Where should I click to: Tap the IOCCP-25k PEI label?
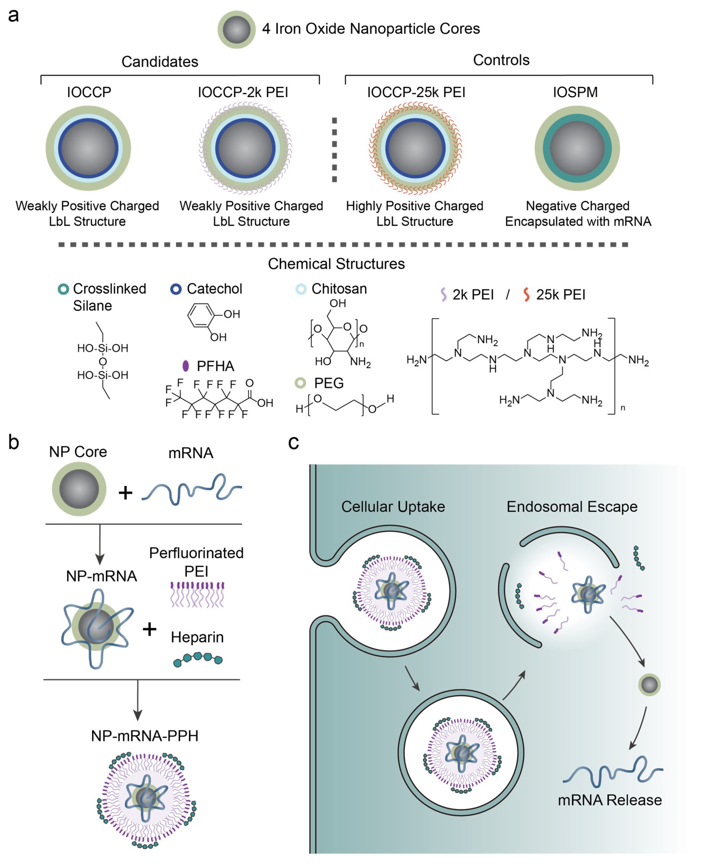coord(416,92)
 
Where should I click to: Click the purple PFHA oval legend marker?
coord(185,366)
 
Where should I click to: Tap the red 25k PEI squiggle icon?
coord(526,294)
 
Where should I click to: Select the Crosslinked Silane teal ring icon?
coord(63,289)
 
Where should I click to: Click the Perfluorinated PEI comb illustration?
coord(197,594)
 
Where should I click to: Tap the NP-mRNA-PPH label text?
coord(145,736)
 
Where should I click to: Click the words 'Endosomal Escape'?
coord(572,507)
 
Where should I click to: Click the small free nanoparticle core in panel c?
coord(649,685)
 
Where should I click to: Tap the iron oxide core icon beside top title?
coord(236,29)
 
